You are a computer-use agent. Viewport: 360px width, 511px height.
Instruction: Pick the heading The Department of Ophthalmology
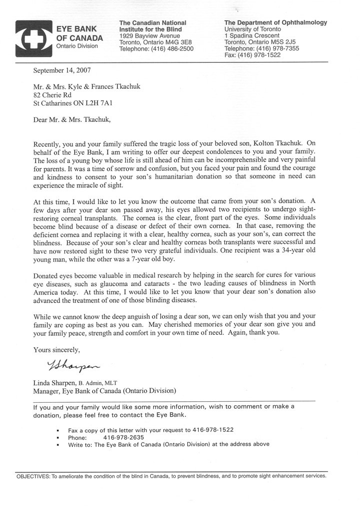pyautogui.click(x=276, y=23)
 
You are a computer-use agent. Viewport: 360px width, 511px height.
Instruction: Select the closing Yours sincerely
pyautogui.click(x=56, y=350)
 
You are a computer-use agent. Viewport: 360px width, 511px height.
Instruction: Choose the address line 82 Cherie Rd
pyautogui.click(x=53, y=95)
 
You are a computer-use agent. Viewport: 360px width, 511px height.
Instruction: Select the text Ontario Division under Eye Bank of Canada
pyautogui.click(x=77, y=46)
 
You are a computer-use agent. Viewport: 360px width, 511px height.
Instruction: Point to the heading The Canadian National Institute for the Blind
pyautogui.click(x=153, y=26)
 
